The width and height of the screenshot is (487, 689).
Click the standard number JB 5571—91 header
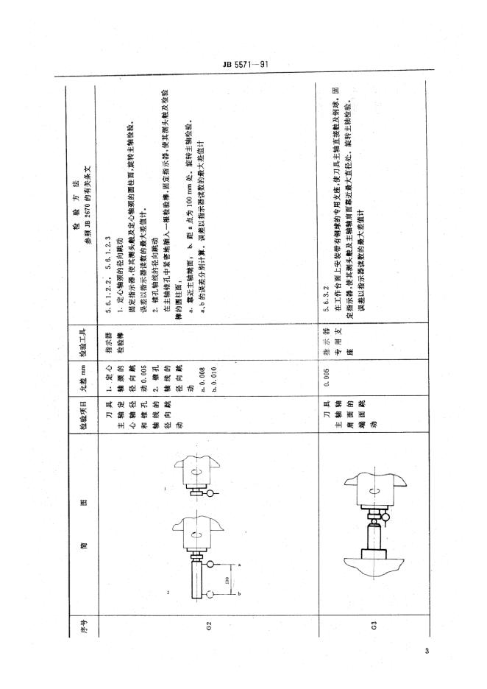[x=243, y=64]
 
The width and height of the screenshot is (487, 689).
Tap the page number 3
[x=427, y=651]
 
